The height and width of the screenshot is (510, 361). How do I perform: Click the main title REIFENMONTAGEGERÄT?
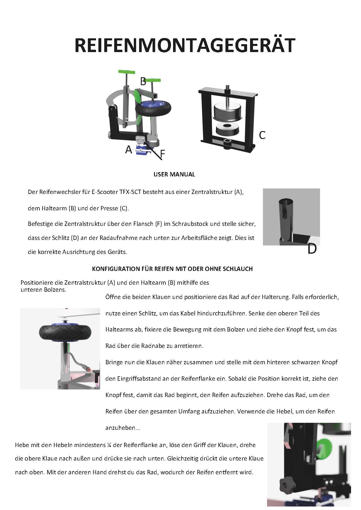[x=184, y=45]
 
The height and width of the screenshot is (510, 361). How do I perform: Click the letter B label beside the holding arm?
[x=143, y=81]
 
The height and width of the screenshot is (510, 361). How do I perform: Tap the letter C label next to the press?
[x=262, y=135]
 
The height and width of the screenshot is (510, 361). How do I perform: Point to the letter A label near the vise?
[x=129, y=150]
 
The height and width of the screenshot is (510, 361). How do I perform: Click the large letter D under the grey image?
[x=312, y=249]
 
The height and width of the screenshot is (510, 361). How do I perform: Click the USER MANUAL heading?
[x=174, y=174]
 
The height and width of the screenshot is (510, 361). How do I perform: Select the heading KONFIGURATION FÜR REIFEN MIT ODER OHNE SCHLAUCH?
[x=172, y=269]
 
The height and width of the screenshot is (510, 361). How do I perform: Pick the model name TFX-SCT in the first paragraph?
[x=131, y=192]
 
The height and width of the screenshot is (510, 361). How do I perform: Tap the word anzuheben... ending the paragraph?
[x=123, y=428]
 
